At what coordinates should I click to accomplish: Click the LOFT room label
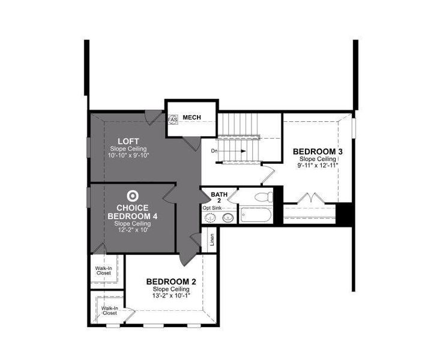128,141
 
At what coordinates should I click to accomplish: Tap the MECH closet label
191,117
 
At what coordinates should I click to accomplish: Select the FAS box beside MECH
173,119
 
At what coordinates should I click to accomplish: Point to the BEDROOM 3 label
318,151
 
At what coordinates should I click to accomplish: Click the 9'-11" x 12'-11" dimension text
318,165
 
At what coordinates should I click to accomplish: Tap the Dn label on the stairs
214,151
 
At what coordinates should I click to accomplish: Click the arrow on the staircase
237,151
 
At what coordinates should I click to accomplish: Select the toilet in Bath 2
262,197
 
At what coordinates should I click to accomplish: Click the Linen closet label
212,241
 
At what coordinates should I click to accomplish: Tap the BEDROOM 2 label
171,281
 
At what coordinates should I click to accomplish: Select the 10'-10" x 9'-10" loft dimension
128,156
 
